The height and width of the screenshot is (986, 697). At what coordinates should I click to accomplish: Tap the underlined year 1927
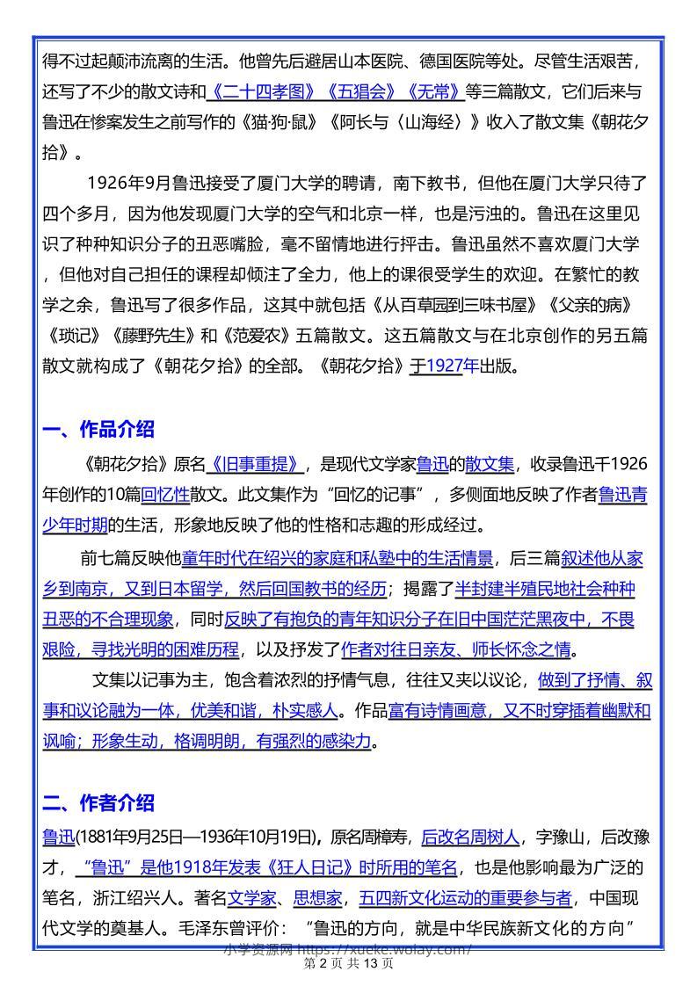pyautogui.click(x=445, y=366)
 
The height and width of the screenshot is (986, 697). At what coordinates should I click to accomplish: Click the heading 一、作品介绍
pyautogui.click(x=98, y=430)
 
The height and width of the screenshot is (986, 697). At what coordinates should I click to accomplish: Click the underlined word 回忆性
pyautogui.click(x=165, y=494)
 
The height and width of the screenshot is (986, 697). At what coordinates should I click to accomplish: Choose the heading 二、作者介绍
pyautogui.click(x=98, y=802)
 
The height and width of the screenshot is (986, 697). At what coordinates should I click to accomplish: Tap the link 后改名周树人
pyautogui.click(x=471, y=837)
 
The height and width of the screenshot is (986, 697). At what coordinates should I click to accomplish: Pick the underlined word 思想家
pyautogui.click(x=321, y=898)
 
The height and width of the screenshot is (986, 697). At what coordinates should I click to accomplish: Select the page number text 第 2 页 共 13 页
pyautogui.click(x=348, y=964)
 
